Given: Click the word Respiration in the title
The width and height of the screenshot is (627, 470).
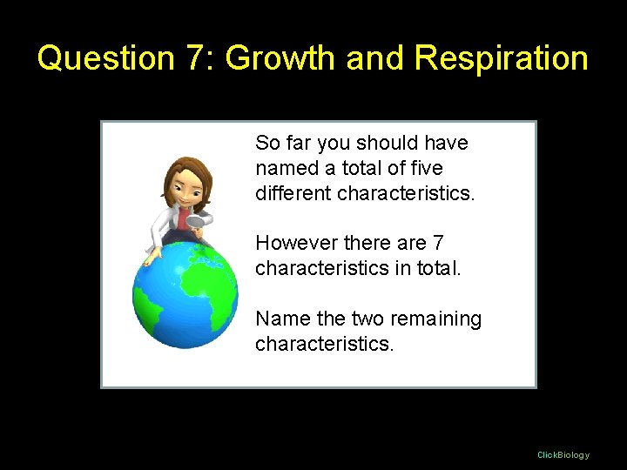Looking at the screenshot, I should pyautogui.click(x=502, y=58).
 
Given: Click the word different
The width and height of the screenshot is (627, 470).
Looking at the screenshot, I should pyautogui.click(x=293, y=192).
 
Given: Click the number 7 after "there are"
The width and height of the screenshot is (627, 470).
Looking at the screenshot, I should pyautogui.click(x=438, y=243).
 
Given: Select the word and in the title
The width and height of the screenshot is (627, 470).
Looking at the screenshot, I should pyautogui.click(x=378, y=58).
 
